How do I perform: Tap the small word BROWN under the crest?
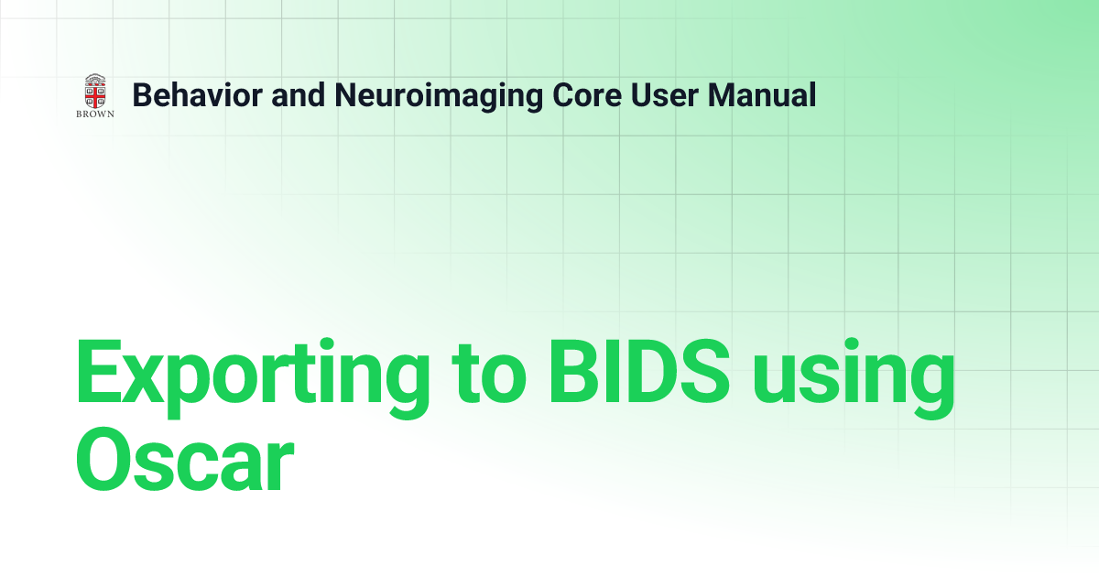tap(94, 115)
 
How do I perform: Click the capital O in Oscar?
tap(106, 463)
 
